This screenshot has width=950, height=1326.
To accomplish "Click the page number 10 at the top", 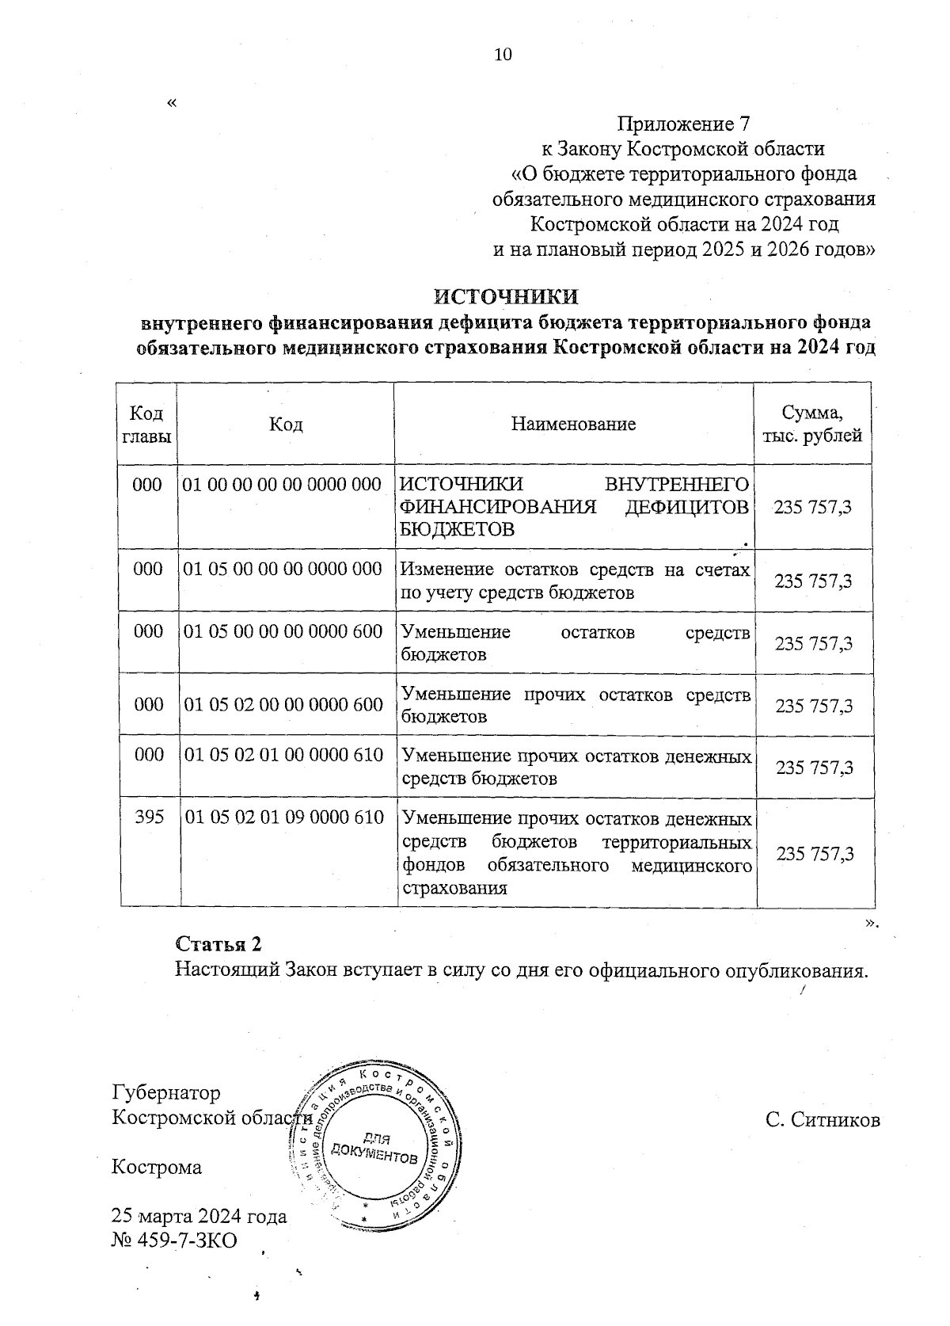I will [x=503, y=55].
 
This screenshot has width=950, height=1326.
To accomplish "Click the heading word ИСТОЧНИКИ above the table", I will [x=506, y=297].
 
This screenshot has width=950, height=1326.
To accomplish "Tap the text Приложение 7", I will [x=682, y=124].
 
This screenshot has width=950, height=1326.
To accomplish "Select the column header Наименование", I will [x=573, y=425].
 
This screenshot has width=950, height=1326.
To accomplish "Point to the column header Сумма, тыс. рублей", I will [x=811, y=425].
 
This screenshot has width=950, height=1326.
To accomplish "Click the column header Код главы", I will [x=146, y=425].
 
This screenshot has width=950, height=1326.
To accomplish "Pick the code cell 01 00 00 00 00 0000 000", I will [x=282, y=484].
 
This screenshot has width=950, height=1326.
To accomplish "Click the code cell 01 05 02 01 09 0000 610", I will [x=284, y=817].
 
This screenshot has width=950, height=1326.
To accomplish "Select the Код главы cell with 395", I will [x=149, y=817].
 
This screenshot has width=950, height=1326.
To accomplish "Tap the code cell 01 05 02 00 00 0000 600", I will [x=283, y=704].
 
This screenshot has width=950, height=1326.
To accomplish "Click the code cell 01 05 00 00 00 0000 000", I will [x=283, y=569].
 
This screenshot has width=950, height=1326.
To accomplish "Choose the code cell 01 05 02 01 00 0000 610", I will [x=284, y=755].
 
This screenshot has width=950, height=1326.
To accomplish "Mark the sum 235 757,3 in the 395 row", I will [x=815, y=854].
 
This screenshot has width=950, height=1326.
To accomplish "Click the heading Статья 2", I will [x=218, y=944].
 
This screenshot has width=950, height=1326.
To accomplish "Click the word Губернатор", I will [x=166, y=1093].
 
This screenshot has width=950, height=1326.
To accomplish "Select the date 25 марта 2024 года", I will [x=199, y=1217].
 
